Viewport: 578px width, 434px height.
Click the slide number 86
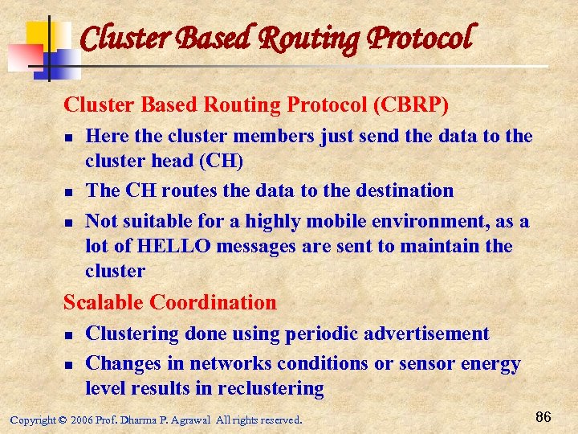coord(543,417)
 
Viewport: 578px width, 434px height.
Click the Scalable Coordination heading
coord(169,303)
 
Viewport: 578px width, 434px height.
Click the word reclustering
coord(271,389)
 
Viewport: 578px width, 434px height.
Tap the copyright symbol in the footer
coord(63,420)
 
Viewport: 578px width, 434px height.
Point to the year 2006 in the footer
coord(83,420)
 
